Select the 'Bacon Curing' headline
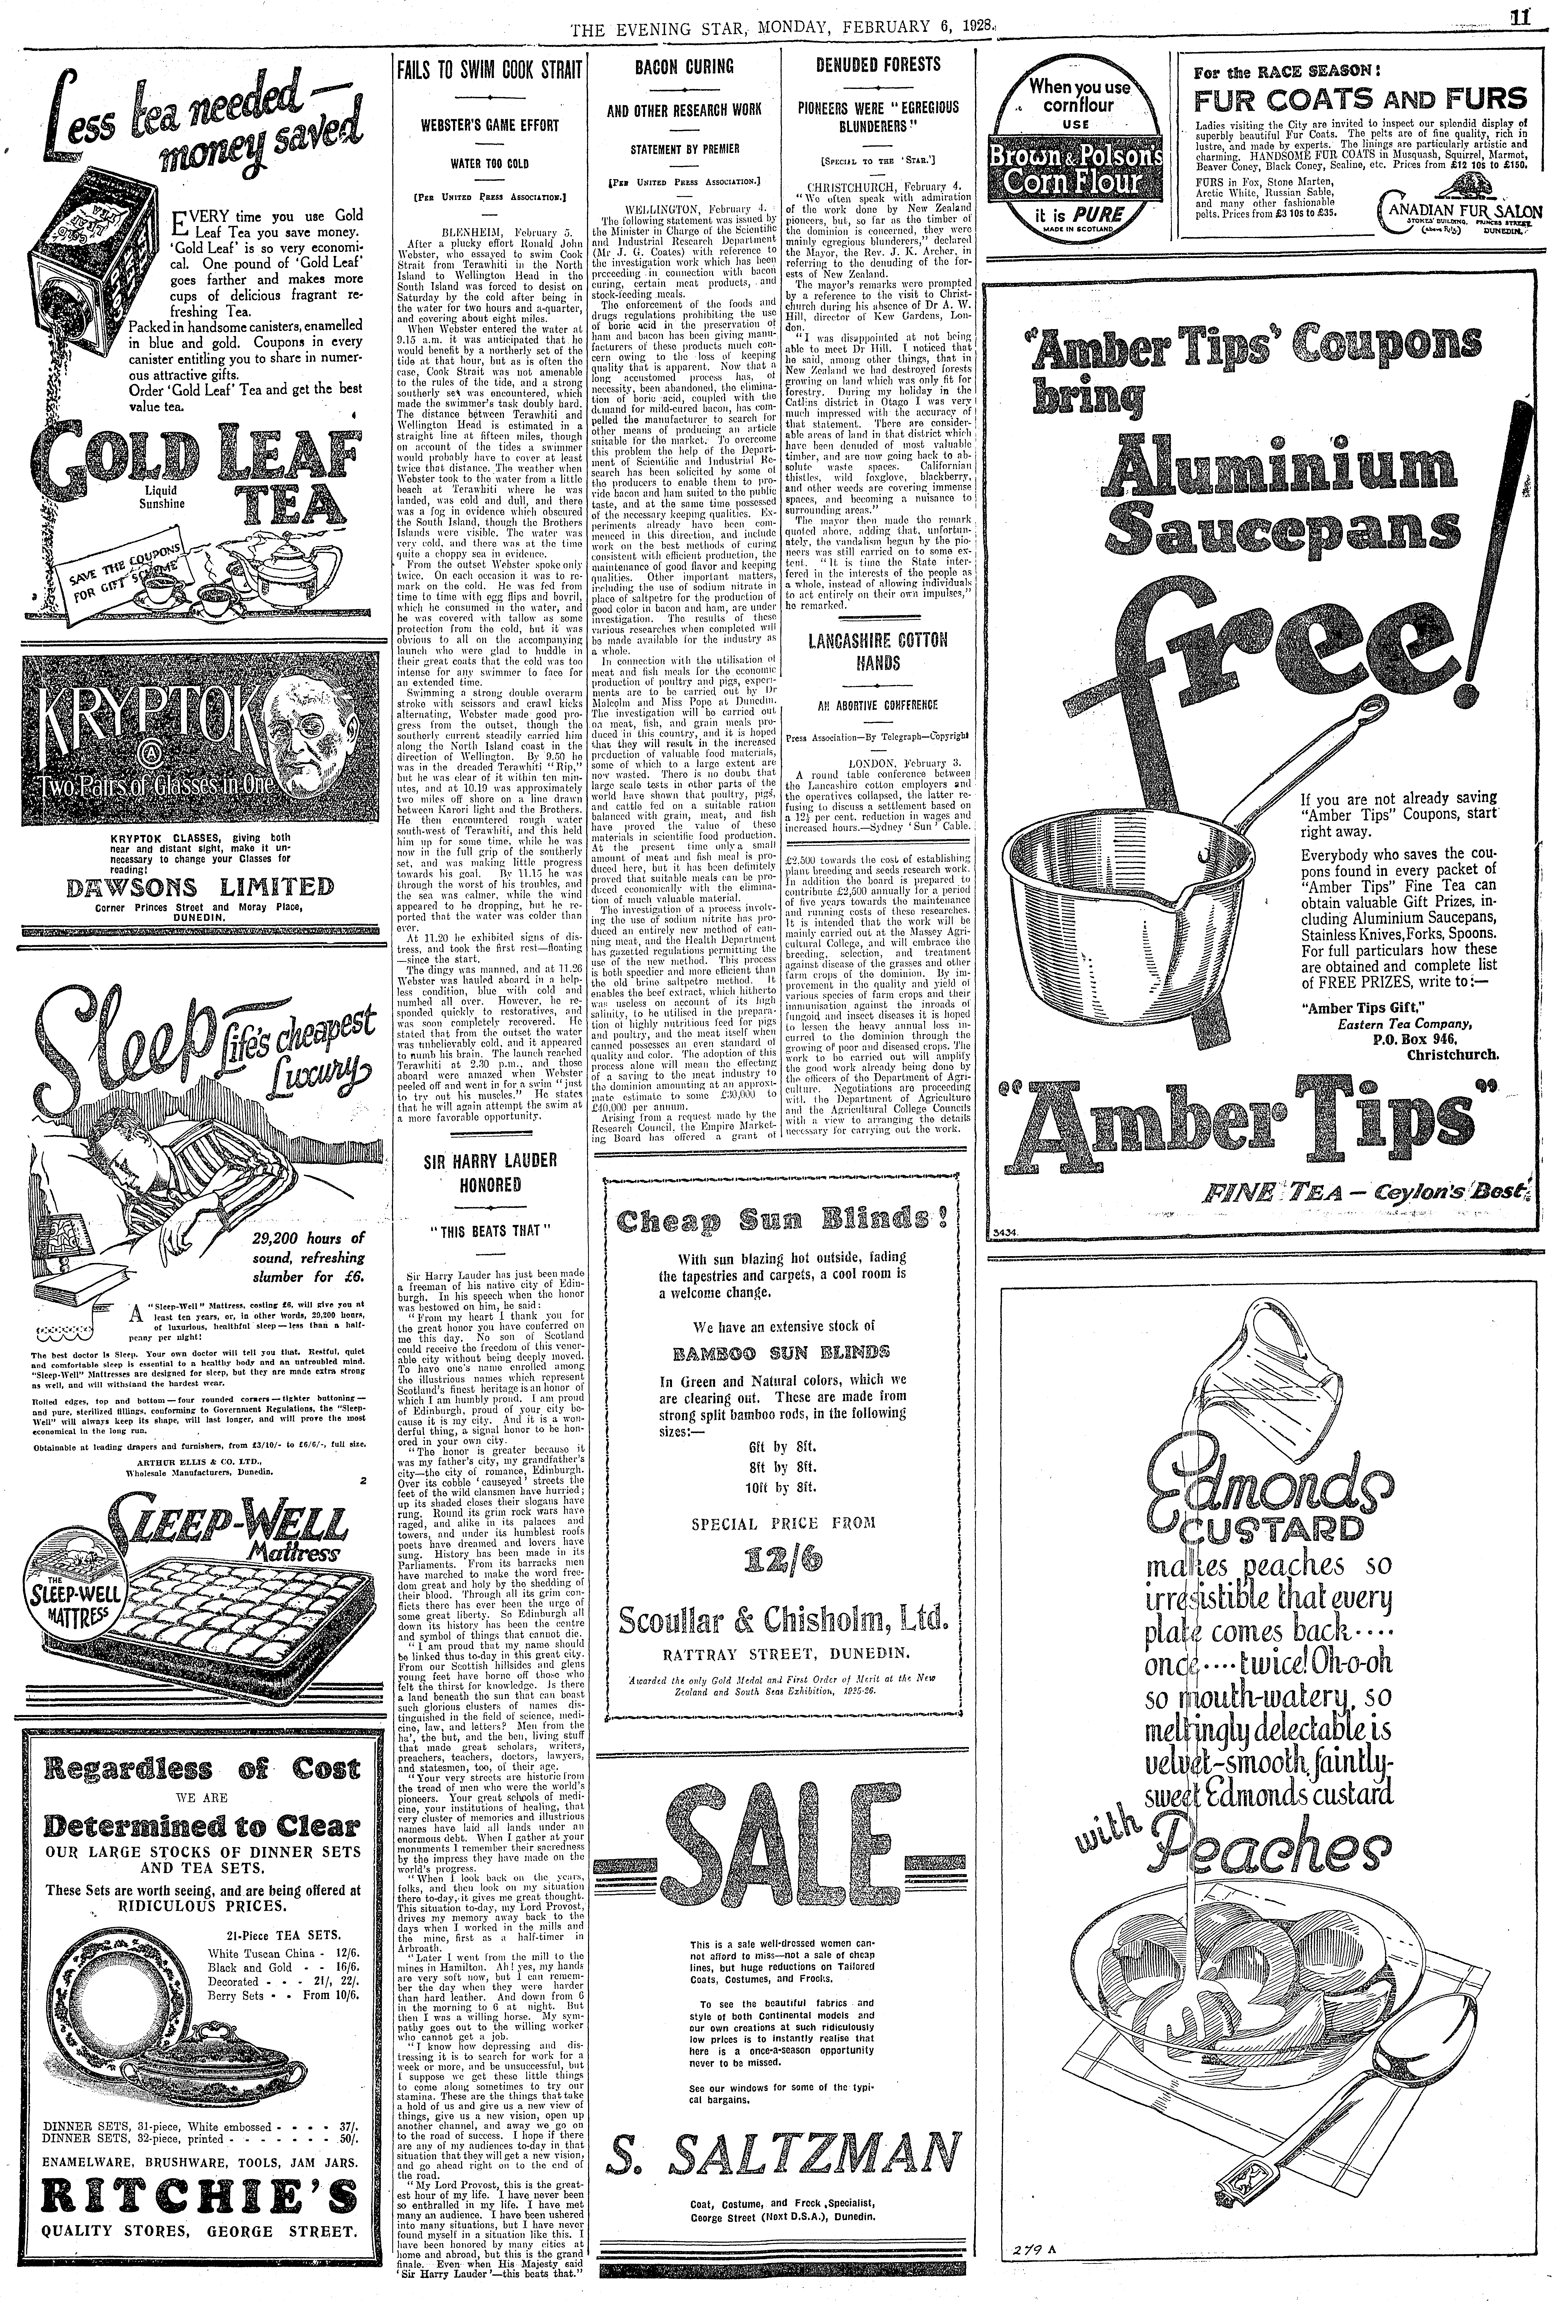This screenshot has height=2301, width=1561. [x=683, y=67]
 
